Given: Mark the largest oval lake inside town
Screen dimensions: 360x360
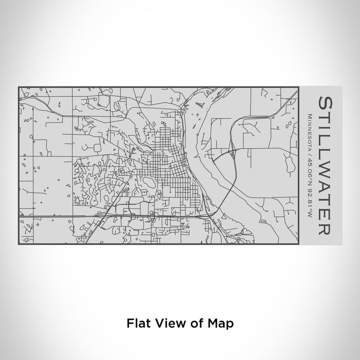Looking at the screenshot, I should (x=149, y=183).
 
